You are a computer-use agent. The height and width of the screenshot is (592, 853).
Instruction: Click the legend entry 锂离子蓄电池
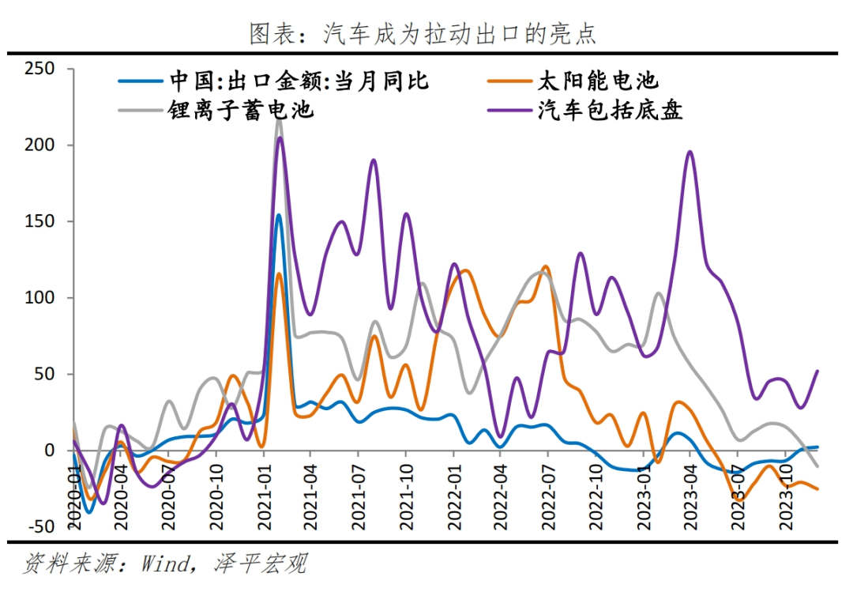click(241, 109)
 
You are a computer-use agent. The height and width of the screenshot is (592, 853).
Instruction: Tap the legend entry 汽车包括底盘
click(609, 109)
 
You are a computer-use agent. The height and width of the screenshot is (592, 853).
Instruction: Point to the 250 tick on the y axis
click(39, 69)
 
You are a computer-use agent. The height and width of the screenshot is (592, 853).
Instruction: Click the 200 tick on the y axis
click(39, 145)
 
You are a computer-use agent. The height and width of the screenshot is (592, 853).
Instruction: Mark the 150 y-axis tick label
click(39, 221)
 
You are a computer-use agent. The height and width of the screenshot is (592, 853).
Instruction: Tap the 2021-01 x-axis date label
click(264, 493)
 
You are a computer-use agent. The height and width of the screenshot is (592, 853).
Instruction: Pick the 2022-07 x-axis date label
click(548, 493)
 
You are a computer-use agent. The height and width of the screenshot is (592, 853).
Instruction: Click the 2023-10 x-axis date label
click(785, 493)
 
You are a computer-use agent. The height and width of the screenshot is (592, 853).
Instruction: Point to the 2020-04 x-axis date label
click(122, 493)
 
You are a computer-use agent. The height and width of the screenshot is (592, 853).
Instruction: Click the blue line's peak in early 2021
click(278, 215)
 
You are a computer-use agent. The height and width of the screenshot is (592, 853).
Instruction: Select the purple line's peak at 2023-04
click(690, 152)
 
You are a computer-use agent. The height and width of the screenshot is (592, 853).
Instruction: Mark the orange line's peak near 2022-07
click(546, 267)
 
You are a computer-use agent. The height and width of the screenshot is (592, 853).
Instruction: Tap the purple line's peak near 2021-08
click(374, 160)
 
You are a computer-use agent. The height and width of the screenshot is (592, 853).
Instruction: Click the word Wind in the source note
click(167, 564)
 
